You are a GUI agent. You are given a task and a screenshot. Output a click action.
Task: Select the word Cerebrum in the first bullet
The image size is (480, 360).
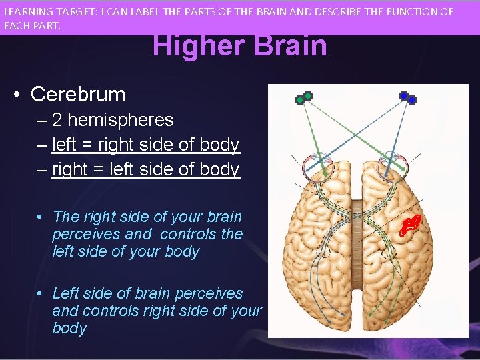[78, 95]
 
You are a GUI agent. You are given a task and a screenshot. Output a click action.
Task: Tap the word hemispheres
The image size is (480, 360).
[121, 120]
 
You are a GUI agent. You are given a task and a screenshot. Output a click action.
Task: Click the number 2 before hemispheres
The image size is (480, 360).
[57, 120]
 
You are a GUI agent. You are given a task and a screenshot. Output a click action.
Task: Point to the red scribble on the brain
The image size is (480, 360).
[410, 225]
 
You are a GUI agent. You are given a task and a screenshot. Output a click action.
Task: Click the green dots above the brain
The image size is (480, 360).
[304, 98]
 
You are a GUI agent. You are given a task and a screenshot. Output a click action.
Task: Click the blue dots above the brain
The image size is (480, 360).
[407, 98]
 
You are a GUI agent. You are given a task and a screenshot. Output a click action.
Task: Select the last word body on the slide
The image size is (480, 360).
[69, 328]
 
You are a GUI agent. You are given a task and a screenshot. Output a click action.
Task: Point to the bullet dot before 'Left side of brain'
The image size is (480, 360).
[41, 293]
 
